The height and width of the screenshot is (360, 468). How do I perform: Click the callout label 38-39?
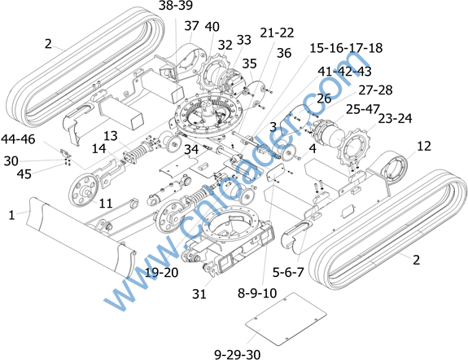(x=176, y=6)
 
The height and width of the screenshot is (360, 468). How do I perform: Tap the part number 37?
(x=191, y=26)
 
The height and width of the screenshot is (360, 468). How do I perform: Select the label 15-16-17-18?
(x=346, y=48)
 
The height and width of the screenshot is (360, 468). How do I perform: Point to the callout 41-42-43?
(x=344, y=72)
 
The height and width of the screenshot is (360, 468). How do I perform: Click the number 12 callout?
(x=424, y=146)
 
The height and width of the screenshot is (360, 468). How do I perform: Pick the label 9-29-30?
(x=238, y=354)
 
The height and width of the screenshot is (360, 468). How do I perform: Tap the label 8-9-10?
(x=257, y=293)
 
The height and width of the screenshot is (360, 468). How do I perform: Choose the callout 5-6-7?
(x=288, y=272)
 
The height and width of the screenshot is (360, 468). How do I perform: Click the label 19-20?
(x=161, y=273)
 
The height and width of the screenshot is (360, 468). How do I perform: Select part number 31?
(x=199, y=294)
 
